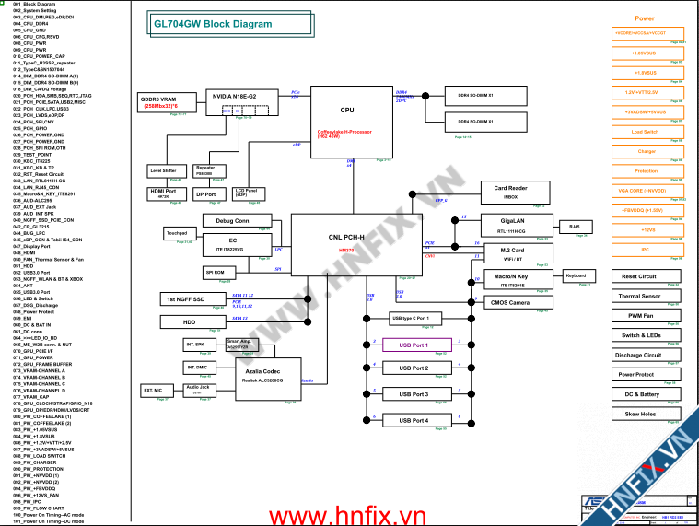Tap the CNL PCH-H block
pyautogui.click(x=346, y=242)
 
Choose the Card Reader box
pyautogui.click(x=510, y=192)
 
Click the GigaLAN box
pyautogui.click(x=513, y=226)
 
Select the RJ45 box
pyautogui.click(x=574, y=226)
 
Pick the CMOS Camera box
pyautogui.click(x=509, y=302)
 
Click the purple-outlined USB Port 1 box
pyautogui.click(x=414, y=345)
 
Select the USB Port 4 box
pyautogui.click(x=414, y=420)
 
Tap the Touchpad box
pyautogui.click(x=177, y=234)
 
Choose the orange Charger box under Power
pyautogui.click(x=646, y=151)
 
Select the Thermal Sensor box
pyautogui.click(x=637, y=296)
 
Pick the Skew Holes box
pyautogui.click(x=639, y=415)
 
